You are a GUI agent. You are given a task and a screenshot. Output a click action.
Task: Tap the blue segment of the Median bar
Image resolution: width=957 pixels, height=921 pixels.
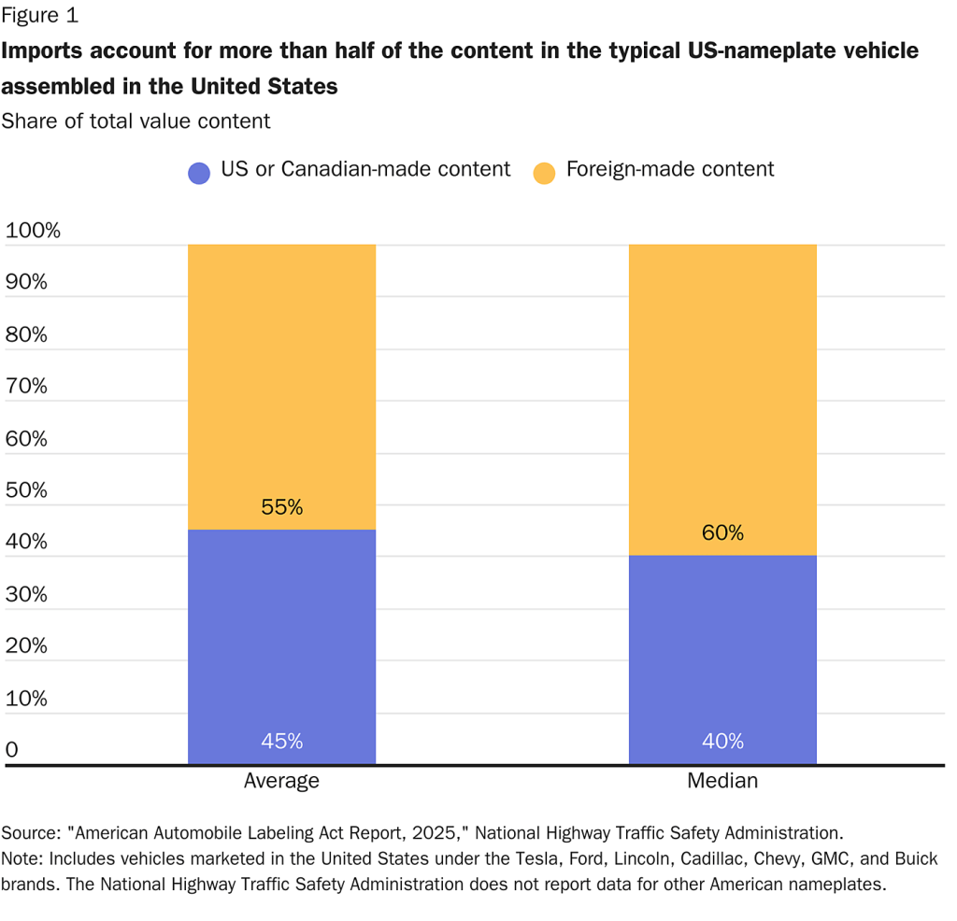[722, 654]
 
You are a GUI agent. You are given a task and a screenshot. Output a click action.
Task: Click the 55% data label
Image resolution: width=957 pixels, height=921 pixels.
[281, 508]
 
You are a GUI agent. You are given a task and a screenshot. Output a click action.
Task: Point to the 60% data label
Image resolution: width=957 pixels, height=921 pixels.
[722, 533]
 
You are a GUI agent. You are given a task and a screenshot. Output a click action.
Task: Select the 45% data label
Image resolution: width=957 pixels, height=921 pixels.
[281, 742]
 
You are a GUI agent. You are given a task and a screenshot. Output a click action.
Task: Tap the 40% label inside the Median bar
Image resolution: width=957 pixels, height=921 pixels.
[722, 742]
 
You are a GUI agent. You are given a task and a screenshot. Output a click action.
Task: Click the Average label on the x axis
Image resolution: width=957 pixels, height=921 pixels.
[281, 781]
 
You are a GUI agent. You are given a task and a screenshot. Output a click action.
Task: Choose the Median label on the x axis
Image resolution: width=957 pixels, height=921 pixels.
[722, 781]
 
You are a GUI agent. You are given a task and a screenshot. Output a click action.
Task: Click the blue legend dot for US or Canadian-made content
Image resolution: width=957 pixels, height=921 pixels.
[199, 172]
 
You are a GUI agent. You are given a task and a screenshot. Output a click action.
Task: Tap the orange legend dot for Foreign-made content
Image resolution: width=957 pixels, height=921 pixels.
[544, 172]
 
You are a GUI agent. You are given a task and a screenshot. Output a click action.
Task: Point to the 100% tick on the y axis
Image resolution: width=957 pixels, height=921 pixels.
[33, 231]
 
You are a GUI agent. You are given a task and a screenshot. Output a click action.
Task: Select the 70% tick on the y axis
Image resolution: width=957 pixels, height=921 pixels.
[27, 387]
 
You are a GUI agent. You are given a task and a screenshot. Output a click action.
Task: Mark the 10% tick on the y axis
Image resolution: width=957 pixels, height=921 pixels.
[27, 699]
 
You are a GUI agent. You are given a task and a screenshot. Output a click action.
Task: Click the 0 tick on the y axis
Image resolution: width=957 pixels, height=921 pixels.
[11, 750]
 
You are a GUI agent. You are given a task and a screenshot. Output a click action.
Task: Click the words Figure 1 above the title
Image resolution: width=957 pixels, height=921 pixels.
[40, 15]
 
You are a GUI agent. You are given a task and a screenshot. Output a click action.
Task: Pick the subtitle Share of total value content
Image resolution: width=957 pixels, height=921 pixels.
[136, 120]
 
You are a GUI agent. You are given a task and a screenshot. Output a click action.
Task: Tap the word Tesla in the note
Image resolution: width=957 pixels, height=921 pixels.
[493, 859]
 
